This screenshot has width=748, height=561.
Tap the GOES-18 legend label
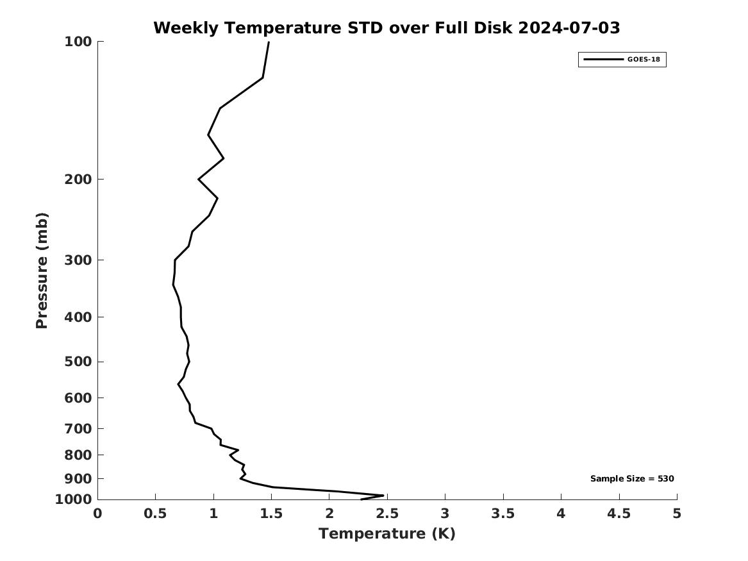[x=644, y=60]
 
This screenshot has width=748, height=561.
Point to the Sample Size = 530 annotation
[x=631, y=478]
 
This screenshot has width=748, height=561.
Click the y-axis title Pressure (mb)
[x=42, y=271]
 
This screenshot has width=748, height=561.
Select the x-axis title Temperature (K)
[x=386, y=533]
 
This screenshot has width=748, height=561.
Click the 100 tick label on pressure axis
[x=78, y=42]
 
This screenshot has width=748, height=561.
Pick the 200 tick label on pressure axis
[x=78, y=179]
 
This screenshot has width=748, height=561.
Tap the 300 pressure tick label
[x=78, y=260]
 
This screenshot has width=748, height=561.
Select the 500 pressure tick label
[x=78, y=362]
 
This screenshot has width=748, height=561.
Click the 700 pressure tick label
[x=78, y=428]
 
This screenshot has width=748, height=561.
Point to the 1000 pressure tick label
[x=74, y=499]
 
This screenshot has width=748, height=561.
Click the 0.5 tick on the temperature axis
[x=155, y=514]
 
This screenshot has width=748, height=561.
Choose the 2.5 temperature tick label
[x=387, y=514]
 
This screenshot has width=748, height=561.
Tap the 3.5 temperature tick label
[x=503, y=514]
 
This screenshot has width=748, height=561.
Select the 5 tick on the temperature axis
[x=677, y=514]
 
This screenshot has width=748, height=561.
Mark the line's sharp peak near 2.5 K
[x=383, y=495]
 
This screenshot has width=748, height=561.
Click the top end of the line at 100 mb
[x=269, y=42]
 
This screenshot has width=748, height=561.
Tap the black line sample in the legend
[x=603, y=60]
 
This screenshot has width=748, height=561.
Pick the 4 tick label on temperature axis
[x=561, y=514]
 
